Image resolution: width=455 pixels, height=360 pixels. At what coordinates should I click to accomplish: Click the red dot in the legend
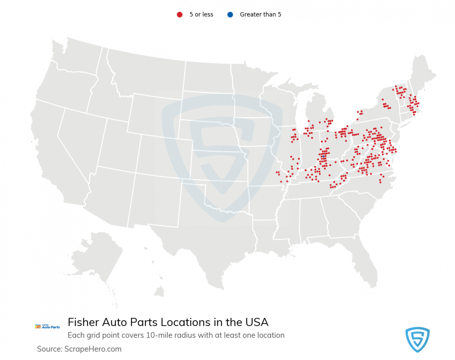(180, 15)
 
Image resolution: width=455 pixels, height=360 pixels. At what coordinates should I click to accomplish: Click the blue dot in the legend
(230, 15)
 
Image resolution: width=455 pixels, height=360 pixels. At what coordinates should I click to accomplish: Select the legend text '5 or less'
(201, 15)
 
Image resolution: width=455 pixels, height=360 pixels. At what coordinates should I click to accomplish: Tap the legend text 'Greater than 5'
(260, 15)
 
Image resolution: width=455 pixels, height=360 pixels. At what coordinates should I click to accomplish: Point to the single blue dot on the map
(323, 156)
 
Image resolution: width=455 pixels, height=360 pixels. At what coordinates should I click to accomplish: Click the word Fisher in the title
(84, 322)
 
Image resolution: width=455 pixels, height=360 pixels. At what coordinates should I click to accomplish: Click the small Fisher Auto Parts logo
(47, 326)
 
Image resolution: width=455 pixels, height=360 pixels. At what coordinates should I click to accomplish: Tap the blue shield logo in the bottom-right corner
(417, 340)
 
